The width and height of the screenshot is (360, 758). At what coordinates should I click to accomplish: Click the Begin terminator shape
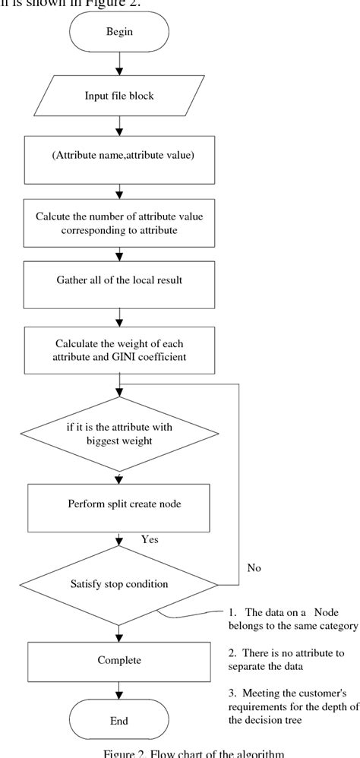point(118,36)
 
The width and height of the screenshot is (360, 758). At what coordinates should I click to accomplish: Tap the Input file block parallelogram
point(118,96)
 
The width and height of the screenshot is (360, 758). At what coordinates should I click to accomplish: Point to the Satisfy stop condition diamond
point(118,585)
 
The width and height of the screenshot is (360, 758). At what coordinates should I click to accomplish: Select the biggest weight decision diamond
point(118,433)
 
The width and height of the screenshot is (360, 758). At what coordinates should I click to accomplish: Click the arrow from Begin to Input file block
point(118,65)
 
